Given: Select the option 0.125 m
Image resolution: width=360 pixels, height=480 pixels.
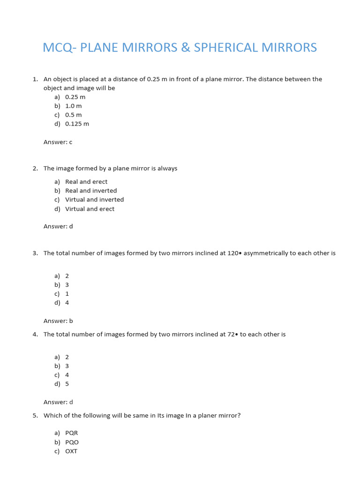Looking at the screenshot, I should [77, 124].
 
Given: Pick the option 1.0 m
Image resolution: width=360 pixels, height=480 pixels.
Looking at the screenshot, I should [74, 106].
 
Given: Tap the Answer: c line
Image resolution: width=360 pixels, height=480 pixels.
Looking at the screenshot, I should [58, 142].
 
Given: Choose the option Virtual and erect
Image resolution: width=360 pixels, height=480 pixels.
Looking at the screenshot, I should [90, 209].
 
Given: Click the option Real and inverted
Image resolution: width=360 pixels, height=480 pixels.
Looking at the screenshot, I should [91, 191].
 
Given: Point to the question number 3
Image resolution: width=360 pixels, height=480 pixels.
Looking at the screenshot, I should [35, 253].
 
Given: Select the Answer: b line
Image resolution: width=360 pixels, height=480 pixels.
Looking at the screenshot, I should [58, 321].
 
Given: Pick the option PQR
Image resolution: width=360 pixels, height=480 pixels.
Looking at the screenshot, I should [72, 433].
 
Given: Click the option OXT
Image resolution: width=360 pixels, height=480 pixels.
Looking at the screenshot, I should [71, 451].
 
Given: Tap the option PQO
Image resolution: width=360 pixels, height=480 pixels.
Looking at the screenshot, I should [72, 442].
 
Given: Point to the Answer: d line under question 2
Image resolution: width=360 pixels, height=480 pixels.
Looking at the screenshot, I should [58, 226].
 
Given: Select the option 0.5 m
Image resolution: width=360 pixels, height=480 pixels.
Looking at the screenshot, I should [74, 115].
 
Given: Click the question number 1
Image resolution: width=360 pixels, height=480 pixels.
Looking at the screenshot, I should [35, 79].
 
